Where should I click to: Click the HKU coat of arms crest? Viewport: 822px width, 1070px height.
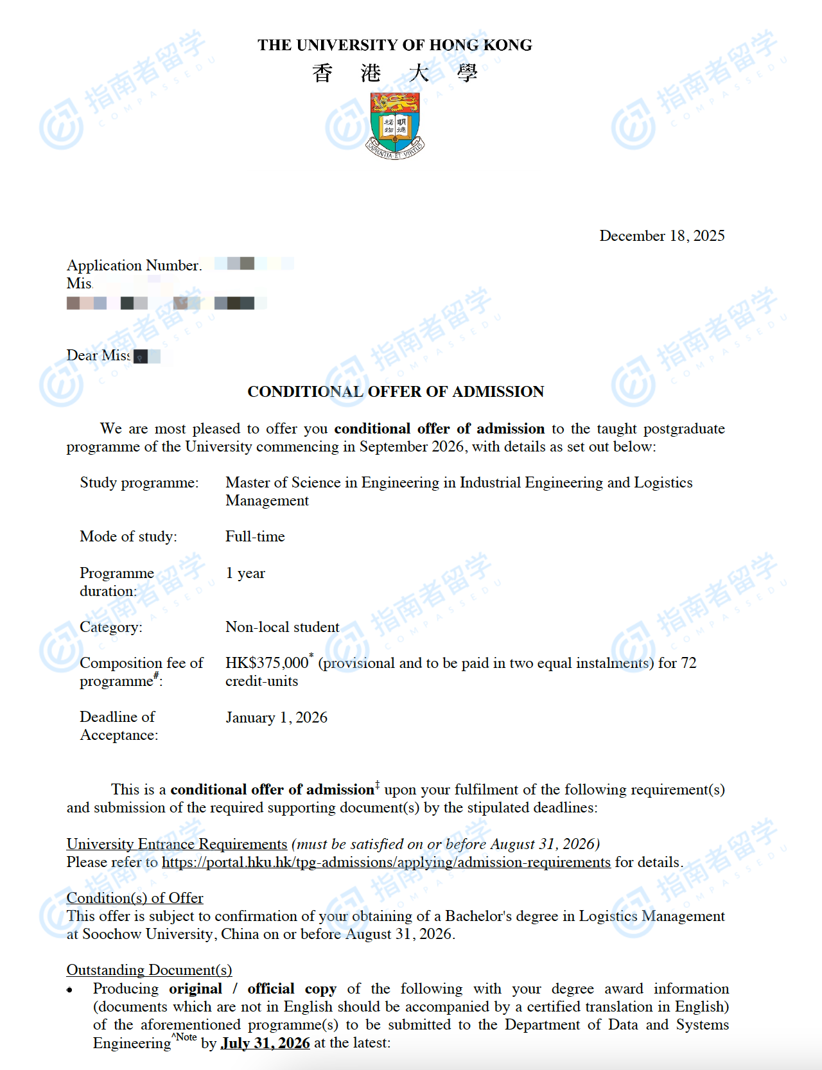coord(395,125)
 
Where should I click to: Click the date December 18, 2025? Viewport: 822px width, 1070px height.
coord(661,236)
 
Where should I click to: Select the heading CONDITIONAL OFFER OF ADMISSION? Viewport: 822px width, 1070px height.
coord(396,392)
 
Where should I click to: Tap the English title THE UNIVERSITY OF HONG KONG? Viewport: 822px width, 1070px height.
coord(395,45)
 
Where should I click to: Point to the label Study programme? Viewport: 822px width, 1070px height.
coord(139,482)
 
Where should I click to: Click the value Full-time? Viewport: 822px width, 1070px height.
coord(255,536)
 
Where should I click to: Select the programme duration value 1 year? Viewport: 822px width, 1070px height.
coord(245,573)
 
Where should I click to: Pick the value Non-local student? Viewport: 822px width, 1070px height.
coord(283,627)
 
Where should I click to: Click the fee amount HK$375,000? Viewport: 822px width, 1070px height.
coord(267,663)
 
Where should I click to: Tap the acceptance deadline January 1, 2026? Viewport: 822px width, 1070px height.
coord(276,717)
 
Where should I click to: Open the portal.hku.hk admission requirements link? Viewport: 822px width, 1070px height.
coord(386,862)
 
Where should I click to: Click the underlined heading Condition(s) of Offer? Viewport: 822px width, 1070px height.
coord(135,898)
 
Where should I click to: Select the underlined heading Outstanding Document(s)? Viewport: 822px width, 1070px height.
coord(149,970)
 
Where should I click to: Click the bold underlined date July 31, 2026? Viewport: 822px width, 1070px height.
coord(265,1043)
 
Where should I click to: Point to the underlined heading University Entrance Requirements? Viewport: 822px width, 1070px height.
coord(177,844)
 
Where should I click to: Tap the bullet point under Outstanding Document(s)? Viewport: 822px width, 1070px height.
coord(70,990)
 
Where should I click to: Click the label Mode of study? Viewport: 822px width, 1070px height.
coord(128,536)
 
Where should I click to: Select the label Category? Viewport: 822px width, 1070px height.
coord(111,627)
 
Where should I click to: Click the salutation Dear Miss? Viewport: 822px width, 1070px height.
coord(98,355)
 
